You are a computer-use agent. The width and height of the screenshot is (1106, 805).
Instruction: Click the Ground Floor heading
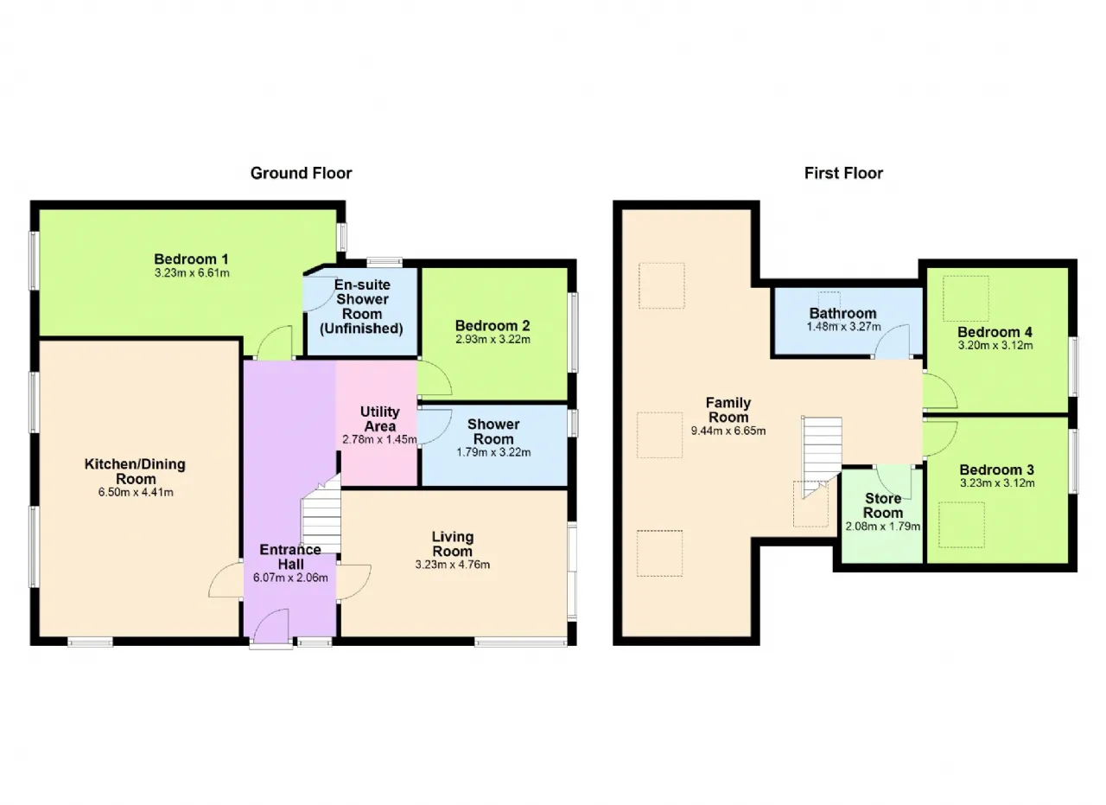point(302,173)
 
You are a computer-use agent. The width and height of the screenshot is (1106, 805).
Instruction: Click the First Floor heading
point(843,173)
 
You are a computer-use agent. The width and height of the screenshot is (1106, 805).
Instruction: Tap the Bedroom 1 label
point(191,259)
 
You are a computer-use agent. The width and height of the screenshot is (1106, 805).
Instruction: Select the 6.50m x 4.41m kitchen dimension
point(136,492)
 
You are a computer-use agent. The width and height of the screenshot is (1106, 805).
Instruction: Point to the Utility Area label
point(379,419)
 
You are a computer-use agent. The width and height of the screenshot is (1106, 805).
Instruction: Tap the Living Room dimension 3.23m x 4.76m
point(452,565)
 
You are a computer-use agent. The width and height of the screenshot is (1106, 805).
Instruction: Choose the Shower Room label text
point(493,431)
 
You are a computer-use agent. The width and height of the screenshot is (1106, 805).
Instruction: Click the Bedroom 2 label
point(493,326)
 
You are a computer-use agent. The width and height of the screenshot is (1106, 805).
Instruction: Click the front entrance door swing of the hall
point(271,625)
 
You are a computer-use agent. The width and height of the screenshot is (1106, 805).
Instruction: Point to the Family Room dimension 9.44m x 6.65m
point(728,431)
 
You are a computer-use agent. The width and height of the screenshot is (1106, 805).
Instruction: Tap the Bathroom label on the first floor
point(842,313)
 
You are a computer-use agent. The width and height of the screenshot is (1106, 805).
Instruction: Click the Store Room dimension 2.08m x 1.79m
point(883,527)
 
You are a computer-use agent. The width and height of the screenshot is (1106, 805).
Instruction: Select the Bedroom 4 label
point(995,332)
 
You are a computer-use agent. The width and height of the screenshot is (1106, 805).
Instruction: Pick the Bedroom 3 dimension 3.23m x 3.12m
point(997,482)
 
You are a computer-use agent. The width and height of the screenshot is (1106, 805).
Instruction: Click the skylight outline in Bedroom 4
point(966,276)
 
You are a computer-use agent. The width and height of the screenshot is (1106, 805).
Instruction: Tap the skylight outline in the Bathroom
point(829,292)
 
